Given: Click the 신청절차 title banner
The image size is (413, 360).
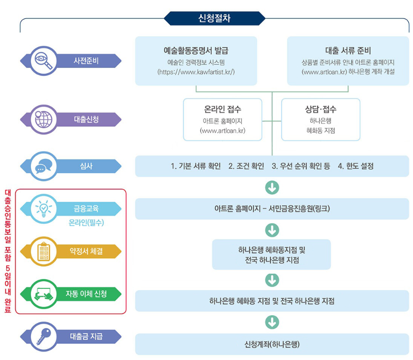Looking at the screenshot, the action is click(214, 19).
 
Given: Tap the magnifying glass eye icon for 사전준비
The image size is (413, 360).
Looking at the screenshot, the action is click(43, 60).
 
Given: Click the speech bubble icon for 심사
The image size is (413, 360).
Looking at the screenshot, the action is click(43, 166).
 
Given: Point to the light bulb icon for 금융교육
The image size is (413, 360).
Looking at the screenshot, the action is click(43, 208).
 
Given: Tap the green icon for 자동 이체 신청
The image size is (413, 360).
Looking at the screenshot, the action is click(43, 294).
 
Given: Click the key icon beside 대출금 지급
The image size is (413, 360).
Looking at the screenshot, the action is click(43, 336).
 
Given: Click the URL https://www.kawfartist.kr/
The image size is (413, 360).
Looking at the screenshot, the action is click(196, 72).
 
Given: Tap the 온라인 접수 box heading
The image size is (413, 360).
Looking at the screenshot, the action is click(223, 109).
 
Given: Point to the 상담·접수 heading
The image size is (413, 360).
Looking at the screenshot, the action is click(321, 109).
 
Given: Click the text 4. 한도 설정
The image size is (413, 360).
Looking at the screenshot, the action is click(355, 166).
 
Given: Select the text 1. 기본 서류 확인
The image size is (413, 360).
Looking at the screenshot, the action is click(196, 166).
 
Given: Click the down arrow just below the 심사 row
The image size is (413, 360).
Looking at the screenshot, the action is click(272, 188).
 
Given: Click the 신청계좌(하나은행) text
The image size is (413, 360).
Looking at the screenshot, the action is click(272, 344).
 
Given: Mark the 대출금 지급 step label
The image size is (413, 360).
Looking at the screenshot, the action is click(86, 336).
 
